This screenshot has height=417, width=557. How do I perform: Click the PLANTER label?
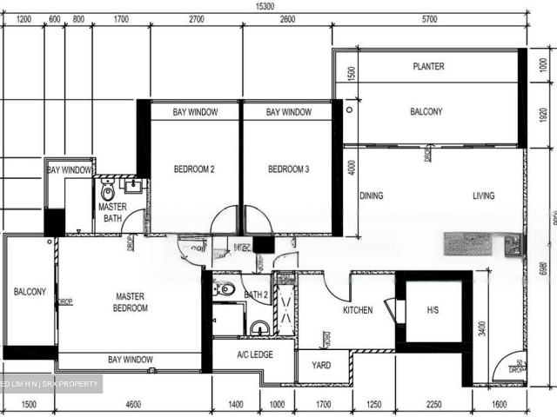point(428,67)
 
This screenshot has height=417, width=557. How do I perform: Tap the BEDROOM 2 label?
point(194,169)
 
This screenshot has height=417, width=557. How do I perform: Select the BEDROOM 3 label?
point(289,169)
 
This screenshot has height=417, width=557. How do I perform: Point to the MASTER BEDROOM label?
point(130,302)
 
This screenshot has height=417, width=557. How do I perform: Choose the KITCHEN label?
point(358,310)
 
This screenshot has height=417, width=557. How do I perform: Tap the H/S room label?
point(433,310)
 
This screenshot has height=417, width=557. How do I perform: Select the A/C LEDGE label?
point(256,354)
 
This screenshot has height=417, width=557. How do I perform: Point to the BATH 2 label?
point(256,295)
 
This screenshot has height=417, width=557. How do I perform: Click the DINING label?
point(372,196)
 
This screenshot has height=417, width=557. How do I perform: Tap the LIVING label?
point(483,196)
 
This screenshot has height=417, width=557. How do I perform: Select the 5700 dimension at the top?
point(428,18)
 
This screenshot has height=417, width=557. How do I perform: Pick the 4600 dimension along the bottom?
point(133,405)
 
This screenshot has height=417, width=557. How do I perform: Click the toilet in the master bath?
point(108,191)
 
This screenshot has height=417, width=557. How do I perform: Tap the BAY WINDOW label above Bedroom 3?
point(289,112)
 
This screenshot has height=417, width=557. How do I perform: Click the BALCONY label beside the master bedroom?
point(30,292)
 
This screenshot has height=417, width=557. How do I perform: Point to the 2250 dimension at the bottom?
point(433,405)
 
